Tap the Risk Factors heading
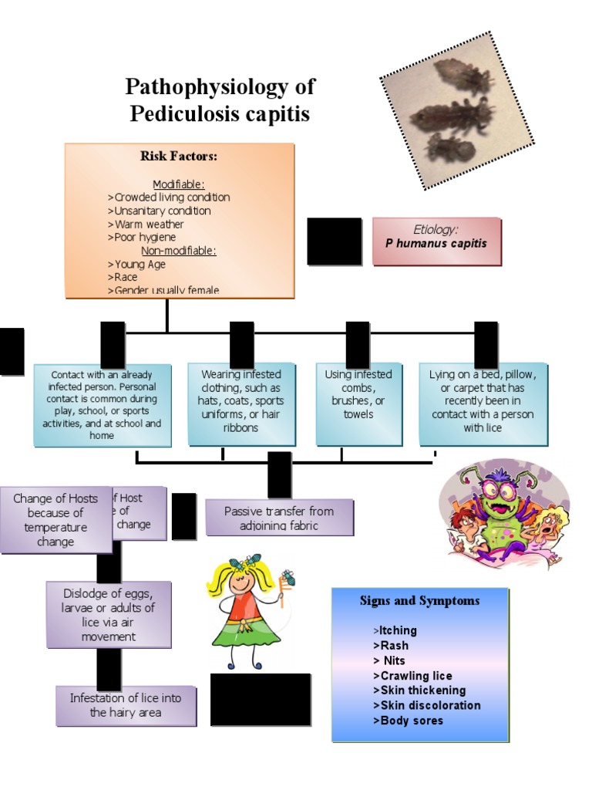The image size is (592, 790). [x=179, y=157]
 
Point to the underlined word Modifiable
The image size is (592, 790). [x=179, y=184]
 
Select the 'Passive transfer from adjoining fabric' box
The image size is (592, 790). [x=279, y=517]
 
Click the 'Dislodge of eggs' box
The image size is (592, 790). [x=109, y=615]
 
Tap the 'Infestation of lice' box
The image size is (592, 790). [x=126, y=705]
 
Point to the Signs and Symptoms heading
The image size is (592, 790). [x=419, y=601]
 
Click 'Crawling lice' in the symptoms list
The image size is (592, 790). [x=415, y=676]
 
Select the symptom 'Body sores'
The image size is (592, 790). [x=412, y=721]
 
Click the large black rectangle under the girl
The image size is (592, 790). [x=261, y=700]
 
